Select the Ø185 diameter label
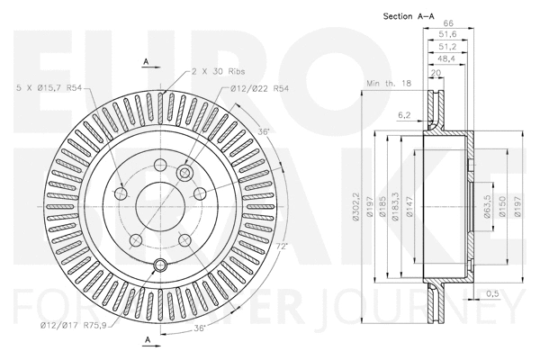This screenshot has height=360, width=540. (x=385, y=208)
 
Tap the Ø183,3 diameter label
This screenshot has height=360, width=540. (x=398, y=208)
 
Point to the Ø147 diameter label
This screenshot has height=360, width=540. (x=410, y=208)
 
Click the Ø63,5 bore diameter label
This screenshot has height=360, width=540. (x=486, y=208)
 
